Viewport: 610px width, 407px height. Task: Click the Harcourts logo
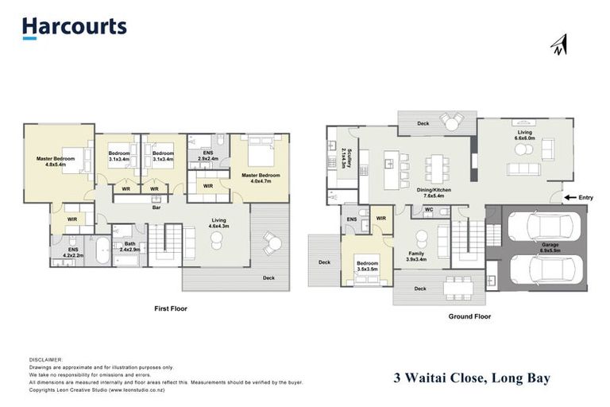point(74,27)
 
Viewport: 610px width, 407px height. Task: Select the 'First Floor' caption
point(171,308)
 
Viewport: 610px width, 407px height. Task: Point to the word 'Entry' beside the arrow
point(586,197)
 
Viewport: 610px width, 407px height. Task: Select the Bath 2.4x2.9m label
point(129,247)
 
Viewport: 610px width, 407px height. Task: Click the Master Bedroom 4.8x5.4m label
point(56,161)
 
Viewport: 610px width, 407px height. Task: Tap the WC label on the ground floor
point(428,211)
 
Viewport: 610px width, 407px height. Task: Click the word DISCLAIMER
point(45,360)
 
